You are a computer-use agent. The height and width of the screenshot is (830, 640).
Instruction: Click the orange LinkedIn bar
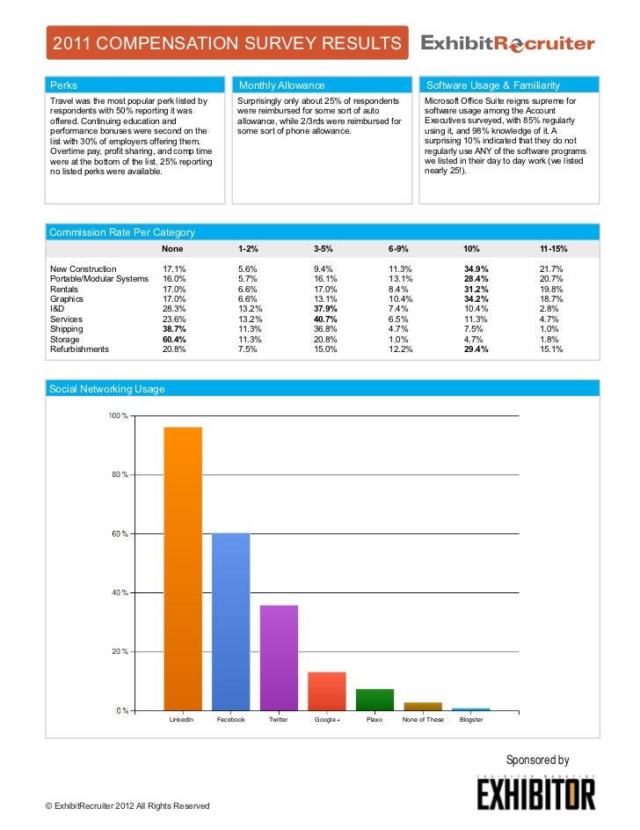click(x=183, y=569)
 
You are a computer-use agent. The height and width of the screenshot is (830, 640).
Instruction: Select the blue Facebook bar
click(x=231, y=621)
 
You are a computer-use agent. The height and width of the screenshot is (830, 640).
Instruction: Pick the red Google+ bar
click(x=327, y=691)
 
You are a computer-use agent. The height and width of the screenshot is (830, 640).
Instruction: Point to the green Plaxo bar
click(x=375, y=700)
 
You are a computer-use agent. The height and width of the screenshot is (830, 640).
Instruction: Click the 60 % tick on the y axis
click(x=118, y=534)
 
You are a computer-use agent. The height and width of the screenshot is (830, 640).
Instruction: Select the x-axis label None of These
click(x=423, y=720)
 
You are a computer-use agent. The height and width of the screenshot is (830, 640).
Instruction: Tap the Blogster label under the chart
click(x=471, y=720)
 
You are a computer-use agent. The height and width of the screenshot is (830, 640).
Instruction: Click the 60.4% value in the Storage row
click(x=174, y=339)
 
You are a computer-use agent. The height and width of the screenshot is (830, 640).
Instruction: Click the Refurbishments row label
click(x=80, y=349)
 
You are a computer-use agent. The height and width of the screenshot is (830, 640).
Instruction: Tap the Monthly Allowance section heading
click(x=282, y=85)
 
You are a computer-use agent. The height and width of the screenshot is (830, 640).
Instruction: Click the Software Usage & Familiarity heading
click(x=492, y=85)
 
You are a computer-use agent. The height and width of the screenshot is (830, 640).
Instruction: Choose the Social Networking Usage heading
click(x=107, y=388)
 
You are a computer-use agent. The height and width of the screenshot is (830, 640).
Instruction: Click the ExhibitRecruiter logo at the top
click(x=508, y=44)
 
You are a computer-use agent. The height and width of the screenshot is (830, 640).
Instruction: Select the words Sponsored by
click(x=537, y=760)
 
